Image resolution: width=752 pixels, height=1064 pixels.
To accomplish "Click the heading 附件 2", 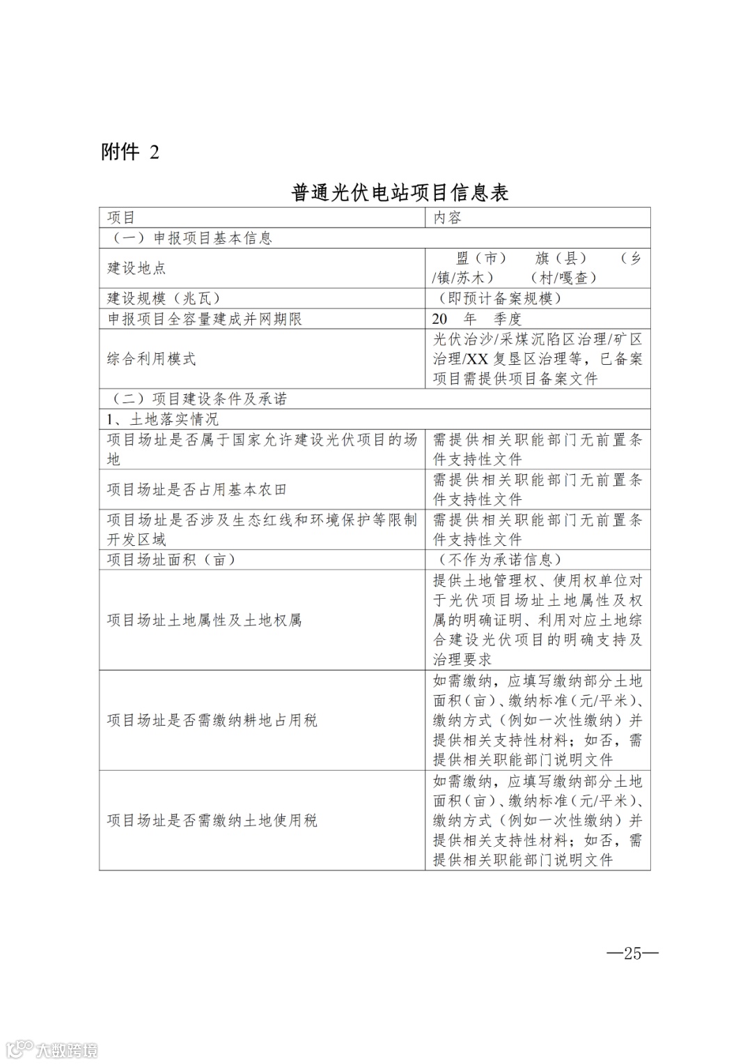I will (x=130, y=152).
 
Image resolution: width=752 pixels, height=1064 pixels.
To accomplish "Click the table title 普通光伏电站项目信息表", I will (x=400, y=192).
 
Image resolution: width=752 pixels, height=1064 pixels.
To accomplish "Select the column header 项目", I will (x=121, y=218).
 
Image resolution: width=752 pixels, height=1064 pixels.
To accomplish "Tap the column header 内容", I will (x=448, y=218).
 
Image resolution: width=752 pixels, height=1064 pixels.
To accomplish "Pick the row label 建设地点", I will (x=136, y=268).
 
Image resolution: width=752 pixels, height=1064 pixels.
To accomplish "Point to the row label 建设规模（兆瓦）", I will (x=164, y=299).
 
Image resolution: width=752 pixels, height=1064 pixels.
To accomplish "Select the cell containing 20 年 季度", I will (x=476, y=319).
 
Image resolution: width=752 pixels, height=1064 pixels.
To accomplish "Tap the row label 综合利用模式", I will (x=152, y=359).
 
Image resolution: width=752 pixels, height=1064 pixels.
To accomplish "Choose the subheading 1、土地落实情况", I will (x=162, y=419).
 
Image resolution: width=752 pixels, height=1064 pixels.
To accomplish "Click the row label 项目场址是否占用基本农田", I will (x=197, y=490).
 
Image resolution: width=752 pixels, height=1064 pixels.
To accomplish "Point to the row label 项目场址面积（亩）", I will (x=171, y=560).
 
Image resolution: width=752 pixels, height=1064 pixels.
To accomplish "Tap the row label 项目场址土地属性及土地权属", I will (x=204, y=620).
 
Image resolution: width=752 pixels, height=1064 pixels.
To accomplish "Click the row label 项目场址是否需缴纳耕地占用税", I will (x=212, y=721).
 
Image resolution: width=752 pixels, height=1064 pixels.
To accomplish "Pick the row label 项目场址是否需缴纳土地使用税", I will (x=212, y=821).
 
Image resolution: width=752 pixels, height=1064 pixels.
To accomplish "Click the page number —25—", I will (x=632, y=953).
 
